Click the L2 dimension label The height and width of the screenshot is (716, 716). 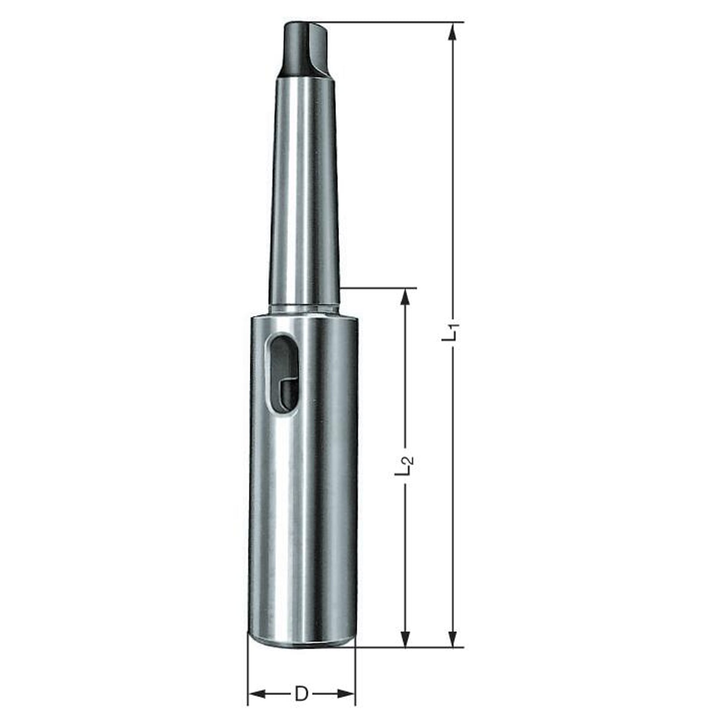[404, 465]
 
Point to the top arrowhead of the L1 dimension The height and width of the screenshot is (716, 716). [453, 32]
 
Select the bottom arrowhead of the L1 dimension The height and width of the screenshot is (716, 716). [453, 636]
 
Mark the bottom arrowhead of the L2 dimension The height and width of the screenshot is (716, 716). [405, 636]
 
